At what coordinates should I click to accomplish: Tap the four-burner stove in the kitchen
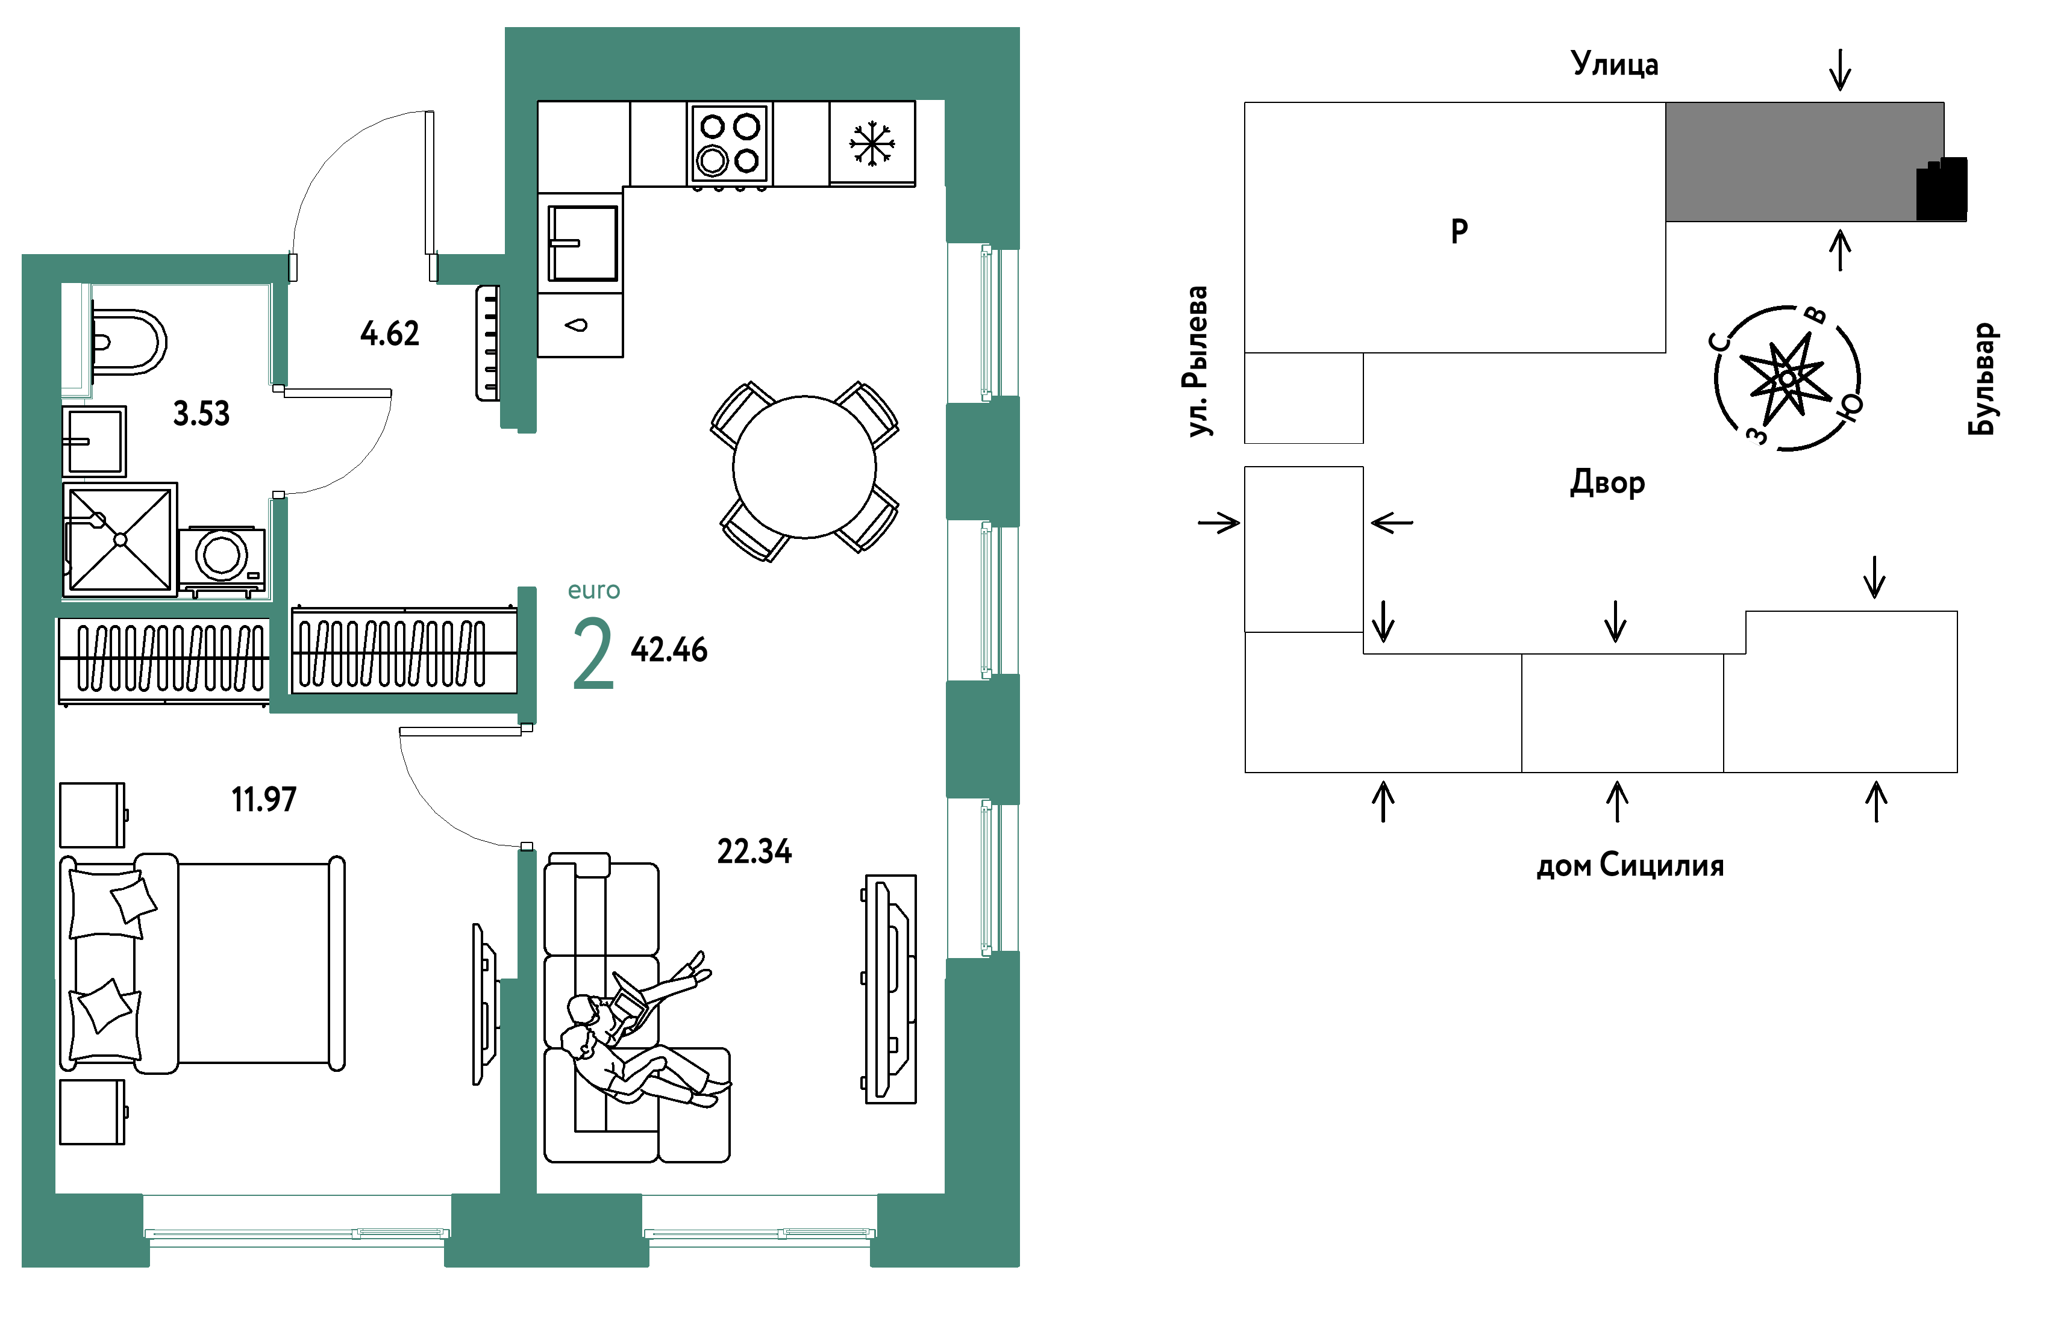[728, 144]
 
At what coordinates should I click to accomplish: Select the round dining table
[804, 467]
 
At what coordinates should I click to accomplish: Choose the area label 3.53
[201, 414]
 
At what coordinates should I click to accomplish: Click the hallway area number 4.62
[390, 334]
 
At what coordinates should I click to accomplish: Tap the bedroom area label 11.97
[263, 799]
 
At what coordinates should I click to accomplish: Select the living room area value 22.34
[754, 852]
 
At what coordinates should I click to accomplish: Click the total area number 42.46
[669, 650]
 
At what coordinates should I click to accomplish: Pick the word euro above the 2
[594, 590]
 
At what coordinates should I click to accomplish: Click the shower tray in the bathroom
[120, 540]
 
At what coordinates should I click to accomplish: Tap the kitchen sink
[583, 243]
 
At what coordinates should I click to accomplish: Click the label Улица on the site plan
[1614, 64]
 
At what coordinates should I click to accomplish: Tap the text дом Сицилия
[1630, 865]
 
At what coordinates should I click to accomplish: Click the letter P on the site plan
[1459, 231]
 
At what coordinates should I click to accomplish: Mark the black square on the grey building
[1941, 188]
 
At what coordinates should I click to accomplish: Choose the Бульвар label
[1982, 379]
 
